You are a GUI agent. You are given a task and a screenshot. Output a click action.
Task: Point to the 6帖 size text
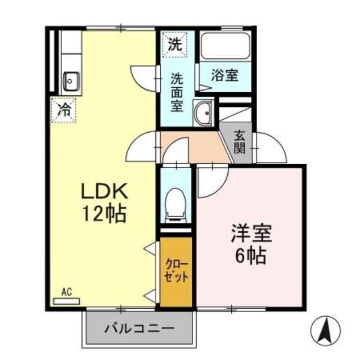(x=250, y=256)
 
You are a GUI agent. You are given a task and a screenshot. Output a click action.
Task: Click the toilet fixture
(x=175, y=203)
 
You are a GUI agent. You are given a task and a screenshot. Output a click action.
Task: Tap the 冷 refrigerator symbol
(x=64, y=109)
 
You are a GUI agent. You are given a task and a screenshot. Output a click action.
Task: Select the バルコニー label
(x=139, y=327)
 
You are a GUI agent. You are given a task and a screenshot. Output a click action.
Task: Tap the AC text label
(x=66, y=292)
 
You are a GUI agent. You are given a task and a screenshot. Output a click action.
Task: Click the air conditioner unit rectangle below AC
(x=66, y=301)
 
